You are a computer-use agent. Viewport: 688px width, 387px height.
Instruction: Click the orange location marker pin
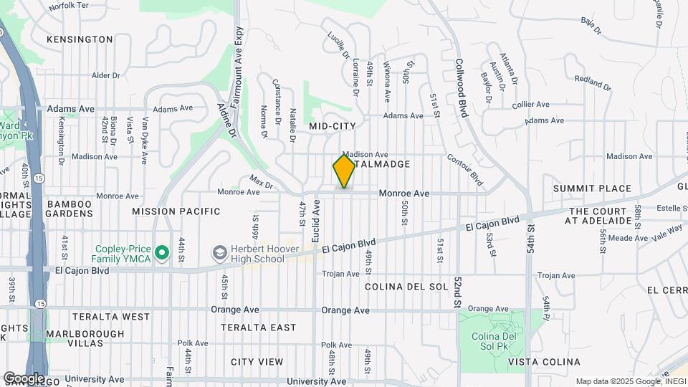point(344,171)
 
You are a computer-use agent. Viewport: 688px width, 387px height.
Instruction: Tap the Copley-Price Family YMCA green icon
point(162,252)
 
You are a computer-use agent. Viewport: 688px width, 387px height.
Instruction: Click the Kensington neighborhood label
point(80,39)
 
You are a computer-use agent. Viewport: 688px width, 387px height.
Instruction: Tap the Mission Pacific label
point(176,211)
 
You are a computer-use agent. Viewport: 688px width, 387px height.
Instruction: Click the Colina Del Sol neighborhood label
point(406,287)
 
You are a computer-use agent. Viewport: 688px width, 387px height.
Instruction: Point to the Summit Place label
point(592,188)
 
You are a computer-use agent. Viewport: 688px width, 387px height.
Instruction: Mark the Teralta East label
point(258,328)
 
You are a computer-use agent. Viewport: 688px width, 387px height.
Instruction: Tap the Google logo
point(24,378)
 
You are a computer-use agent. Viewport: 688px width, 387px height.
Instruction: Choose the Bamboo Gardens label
point(70,210)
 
